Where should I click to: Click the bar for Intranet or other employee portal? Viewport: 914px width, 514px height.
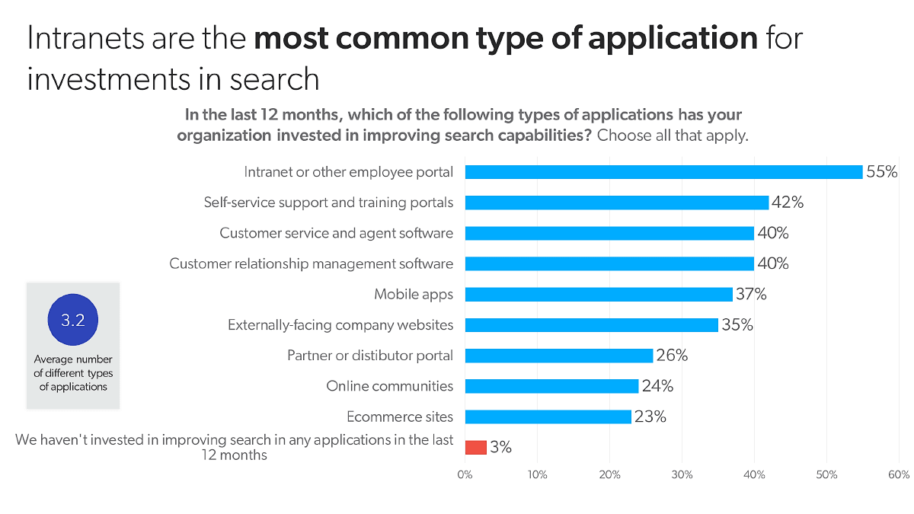coord(663,172)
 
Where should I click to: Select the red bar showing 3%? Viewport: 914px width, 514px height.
coord(475,447)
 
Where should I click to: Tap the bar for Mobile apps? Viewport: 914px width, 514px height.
coord(599,295)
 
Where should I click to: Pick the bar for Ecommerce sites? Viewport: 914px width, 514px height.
coord(548,417)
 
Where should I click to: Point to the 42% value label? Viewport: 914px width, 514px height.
coord(788,203)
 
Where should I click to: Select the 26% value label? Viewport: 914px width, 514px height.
coord(672,356)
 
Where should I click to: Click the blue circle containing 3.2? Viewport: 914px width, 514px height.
coord(73,321)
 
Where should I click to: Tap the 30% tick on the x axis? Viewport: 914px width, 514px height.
coord(682,475)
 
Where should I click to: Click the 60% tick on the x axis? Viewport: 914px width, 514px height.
coord(899,475)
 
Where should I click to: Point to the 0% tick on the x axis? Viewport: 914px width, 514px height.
coord(465,475)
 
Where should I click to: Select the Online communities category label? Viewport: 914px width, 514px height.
coord(389,386)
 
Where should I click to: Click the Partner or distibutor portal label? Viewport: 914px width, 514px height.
coord(369,356)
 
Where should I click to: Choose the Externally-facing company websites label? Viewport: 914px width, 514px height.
coord(340,325)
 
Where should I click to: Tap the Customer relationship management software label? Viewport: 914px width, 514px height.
coord(311,264)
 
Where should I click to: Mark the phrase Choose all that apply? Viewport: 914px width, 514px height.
coord(673,136)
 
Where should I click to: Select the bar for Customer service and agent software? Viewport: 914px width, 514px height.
coord(609,233)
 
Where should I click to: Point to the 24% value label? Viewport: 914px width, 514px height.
coord(657,386)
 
